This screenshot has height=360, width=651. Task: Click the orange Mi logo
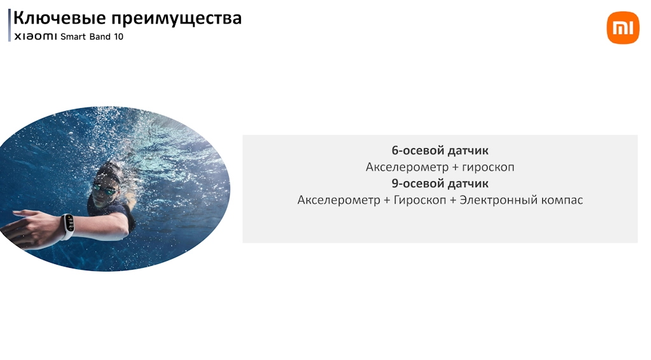623,28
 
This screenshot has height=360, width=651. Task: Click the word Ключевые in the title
60,18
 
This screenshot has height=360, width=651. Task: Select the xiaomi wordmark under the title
36,36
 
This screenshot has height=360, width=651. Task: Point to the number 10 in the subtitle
119,36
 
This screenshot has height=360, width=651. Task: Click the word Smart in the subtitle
73,36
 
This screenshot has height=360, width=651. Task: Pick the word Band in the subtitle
100,36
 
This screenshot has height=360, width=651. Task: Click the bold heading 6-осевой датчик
440,150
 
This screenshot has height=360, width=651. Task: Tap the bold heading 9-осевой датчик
440,183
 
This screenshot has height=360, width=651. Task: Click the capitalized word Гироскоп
420,200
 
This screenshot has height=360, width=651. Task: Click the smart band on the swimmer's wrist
67,226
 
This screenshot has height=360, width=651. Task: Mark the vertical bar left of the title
9,25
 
